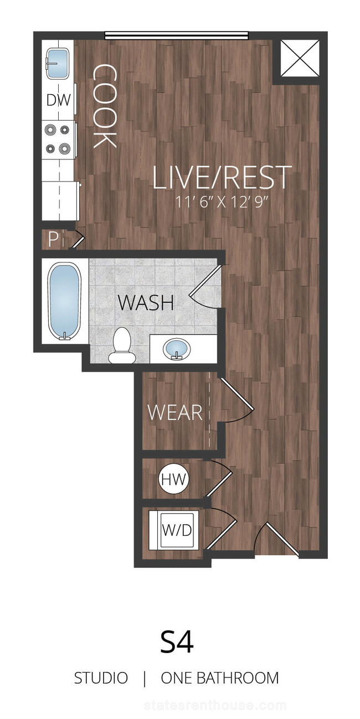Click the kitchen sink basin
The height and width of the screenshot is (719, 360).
[58, 64]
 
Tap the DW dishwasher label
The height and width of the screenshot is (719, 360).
[58, 100]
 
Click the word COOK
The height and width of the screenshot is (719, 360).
[104, 106]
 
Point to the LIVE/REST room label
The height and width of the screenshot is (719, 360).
[222, 177]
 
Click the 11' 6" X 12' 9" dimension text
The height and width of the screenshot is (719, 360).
[222, 202]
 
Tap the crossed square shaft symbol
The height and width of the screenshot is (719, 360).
[300, 58]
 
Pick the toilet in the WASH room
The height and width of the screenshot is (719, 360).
[121, 346]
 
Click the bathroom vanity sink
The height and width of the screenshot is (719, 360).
[177, 349]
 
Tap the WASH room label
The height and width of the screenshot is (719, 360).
[146, 302]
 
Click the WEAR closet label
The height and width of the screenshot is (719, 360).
[175, 412]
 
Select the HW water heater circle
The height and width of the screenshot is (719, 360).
[174, 479]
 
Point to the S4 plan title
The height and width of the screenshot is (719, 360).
[177, 642]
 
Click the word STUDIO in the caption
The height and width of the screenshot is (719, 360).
[101, 678]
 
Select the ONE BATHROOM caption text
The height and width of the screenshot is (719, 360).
[220, 678]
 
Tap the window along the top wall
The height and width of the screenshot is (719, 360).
[177, 35]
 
